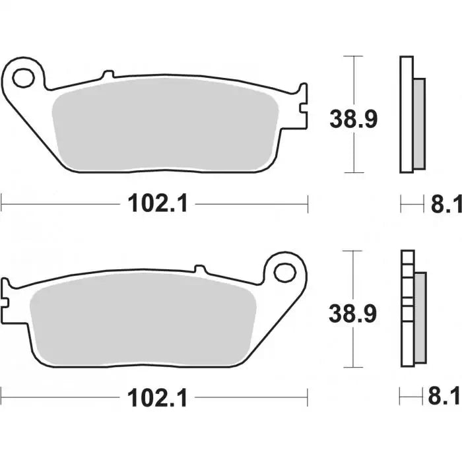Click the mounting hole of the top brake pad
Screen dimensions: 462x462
coord(24,77)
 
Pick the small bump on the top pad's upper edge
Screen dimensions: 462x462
coord(108,75)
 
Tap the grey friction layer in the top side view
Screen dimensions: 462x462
coord(418,122)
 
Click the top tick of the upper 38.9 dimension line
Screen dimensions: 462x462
coord(355,57)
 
